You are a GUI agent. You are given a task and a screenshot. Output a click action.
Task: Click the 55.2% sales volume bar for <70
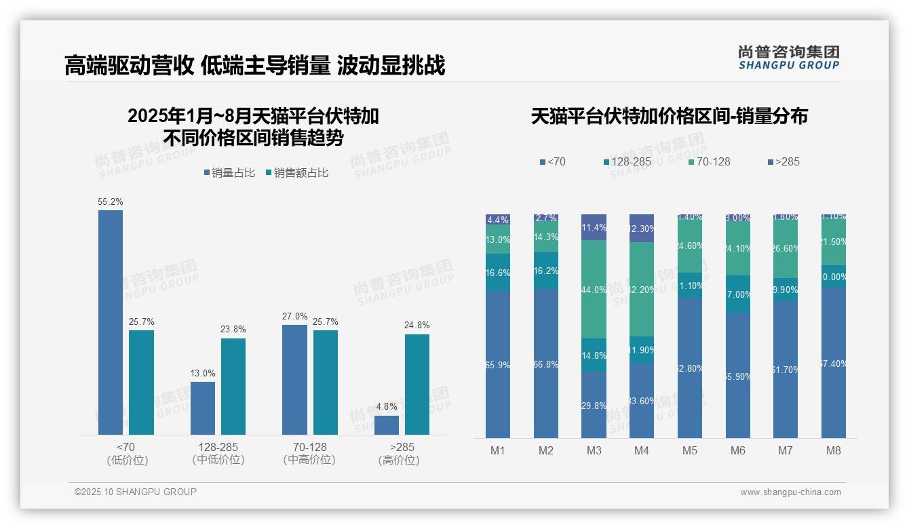coord(111,322)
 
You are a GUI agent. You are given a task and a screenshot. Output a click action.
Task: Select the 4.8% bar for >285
coord(387,425)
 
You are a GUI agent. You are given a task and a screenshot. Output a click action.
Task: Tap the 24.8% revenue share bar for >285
coord(417,385)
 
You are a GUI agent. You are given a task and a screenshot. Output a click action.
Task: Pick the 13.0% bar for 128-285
coord(203,408)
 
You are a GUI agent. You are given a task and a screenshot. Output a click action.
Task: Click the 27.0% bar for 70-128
coord(294,380)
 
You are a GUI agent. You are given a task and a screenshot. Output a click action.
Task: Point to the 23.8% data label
coord(233,330)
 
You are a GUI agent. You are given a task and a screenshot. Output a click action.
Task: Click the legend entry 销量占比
coord(229,173)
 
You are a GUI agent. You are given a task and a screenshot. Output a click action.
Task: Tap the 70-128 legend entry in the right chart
coord(709,161)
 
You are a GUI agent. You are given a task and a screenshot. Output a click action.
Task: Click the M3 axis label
coord(594,450)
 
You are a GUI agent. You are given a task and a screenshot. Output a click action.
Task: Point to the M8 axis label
coord(834,450)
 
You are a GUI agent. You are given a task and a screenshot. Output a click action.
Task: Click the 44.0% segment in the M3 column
coord(594,290)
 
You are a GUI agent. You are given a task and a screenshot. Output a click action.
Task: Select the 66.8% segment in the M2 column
coord(546,364)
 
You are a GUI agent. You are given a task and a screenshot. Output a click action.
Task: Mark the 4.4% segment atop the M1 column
coord(498,220)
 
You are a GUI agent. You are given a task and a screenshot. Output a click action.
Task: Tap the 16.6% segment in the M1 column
coord(498,273)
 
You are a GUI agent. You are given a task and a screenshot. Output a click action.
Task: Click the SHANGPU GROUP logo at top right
coord(788,58)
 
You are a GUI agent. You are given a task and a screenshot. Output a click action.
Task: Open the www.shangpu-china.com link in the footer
coord(790,492)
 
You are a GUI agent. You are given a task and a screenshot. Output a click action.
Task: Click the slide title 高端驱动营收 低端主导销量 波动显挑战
coord(254,66)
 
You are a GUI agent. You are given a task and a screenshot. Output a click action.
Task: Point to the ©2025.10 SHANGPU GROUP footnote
coord(136,492)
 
